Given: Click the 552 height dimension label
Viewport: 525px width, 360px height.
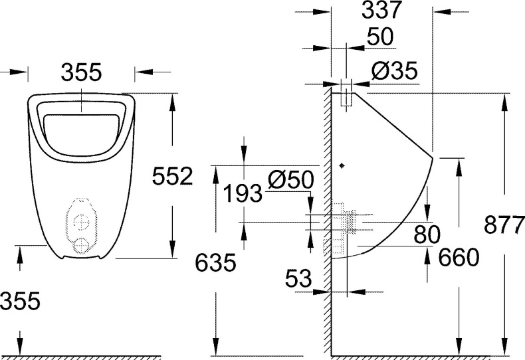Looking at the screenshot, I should (172, 176).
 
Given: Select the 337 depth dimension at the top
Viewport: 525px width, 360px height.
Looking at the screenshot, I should (381, 11).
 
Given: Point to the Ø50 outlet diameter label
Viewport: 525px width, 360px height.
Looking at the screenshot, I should (290, 180).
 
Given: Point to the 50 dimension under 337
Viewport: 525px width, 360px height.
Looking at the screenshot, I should (379, 37).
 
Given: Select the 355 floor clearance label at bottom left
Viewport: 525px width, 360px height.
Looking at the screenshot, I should (20, 301).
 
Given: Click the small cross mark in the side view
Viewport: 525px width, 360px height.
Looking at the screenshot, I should (342, 165).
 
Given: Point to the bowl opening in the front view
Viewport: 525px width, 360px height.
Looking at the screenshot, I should (81, 130).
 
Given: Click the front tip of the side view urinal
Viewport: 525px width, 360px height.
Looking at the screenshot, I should (433, 159).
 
